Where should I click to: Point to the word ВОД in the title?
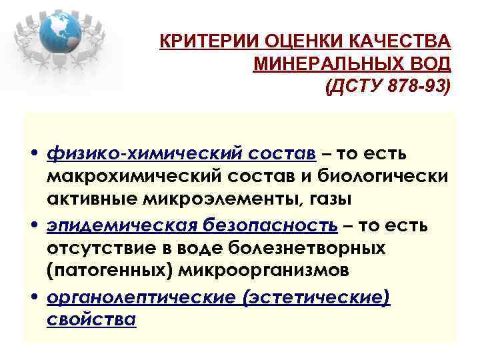point(432,65)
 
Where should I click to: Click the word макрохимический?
point(133,177)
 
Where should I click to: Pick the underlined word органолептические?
point(141,297)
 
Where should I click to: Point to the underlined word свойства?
point(91,319)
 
